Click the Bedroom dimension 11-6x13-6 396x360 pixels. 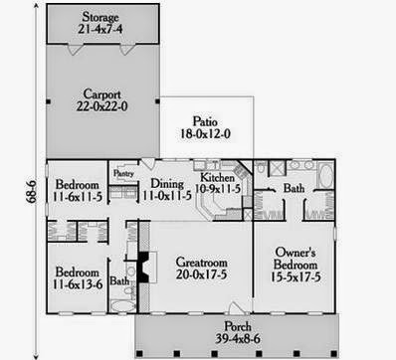[x=76, y=286]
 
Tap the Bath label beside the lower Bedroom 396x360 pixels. [x=118, y=281]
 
